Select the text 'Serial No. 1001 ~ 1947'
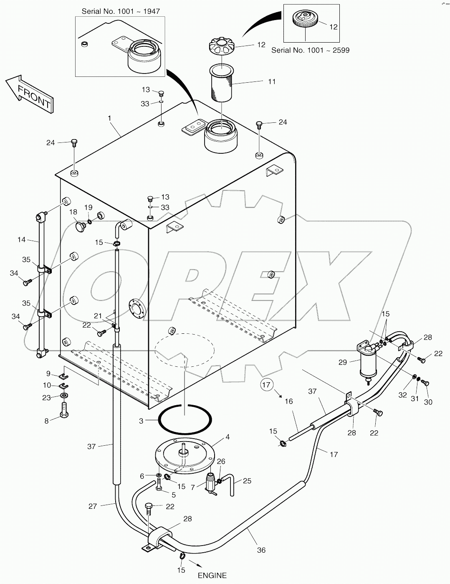[120, 11]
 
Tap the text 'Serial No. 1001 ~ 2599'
[310, 50]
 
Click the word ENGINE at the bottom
[212, 575]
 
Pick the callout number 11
[272, 81]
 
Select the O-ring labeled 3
[185, 419]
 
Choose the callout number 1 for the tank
[109, 119]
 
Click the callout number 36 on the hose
[261, 550]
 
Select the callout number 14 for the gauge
[21, 240]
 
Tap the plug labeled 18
[80, 227]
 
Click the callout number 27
[93, 506]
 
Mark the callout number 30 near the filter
[428, 402]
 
